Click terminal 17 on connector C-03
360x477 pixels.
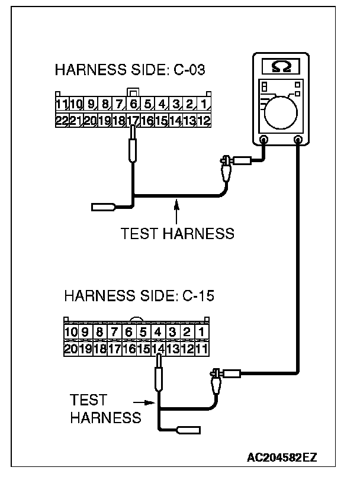tap(133, 121)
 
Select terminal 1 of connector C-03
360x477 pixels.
tap(203, 105)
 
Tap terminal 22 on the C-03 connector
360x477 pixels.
tap(61, 121)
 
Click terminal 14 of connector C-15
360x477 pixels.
tap(157, 348)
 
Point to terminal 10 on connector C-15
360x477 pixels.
tap(72, 332)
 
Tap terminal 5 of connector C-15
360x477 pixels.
tap(143, 332)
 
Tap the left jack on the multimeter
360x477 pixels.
tap(264, 140)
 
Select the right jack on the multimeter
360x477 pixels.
tap(299, 140)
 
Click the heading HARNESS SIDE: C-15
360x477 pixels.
tap(139, 295)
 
